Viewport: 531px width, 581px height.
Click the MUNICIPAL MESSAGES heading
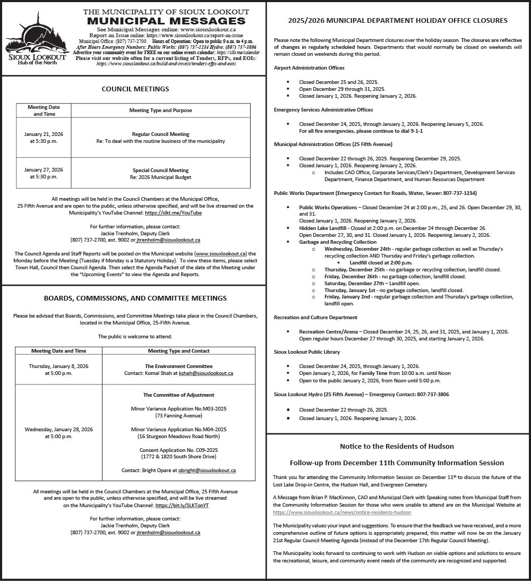point(166,21)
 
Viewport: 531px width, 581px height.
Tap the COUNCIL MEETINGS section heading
point(135,89)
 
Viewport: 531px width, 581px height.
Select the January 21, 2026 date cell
point(44,138)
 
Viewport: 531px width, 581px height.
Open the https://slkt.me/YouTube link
point(173,212)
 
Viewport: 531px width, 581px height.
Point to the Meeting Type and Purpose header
point(160,110)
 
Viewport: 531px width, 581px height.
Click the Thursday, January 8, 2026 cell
point(58,370)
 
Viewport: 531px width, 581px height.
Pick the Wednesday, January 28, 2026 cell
point(58,433)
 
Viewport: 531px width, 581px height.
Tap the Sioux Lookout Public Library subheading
point(307,352)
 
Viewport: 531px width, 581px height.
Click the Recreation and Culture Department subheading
point(315,318)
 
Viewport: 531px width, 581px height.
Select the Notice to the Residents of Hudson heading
point(397,446)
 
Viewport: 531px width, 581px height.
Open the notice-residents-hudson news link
point(341,512)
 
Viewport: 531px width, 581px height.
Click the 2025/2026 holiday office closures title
point(398,21)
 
